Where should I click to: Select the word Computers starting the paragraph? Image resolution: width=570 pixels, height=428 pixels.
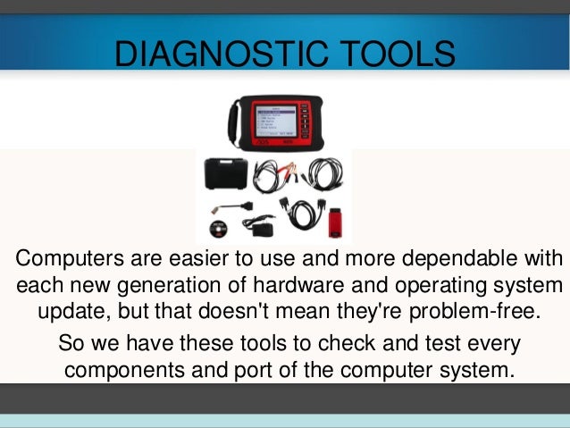tap(63, 261)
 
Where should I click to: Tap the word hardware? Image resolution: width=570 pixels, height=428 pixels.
tap(308, 288)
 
